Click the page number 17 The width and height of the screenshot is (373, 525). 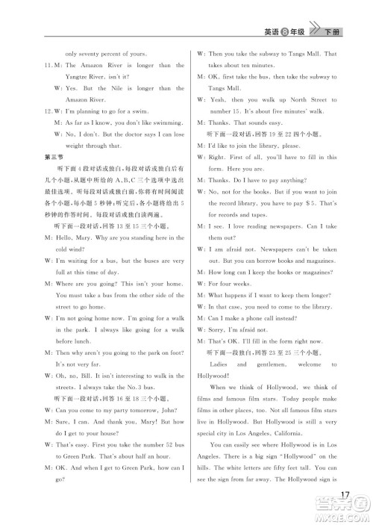(x=345, y=496)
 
